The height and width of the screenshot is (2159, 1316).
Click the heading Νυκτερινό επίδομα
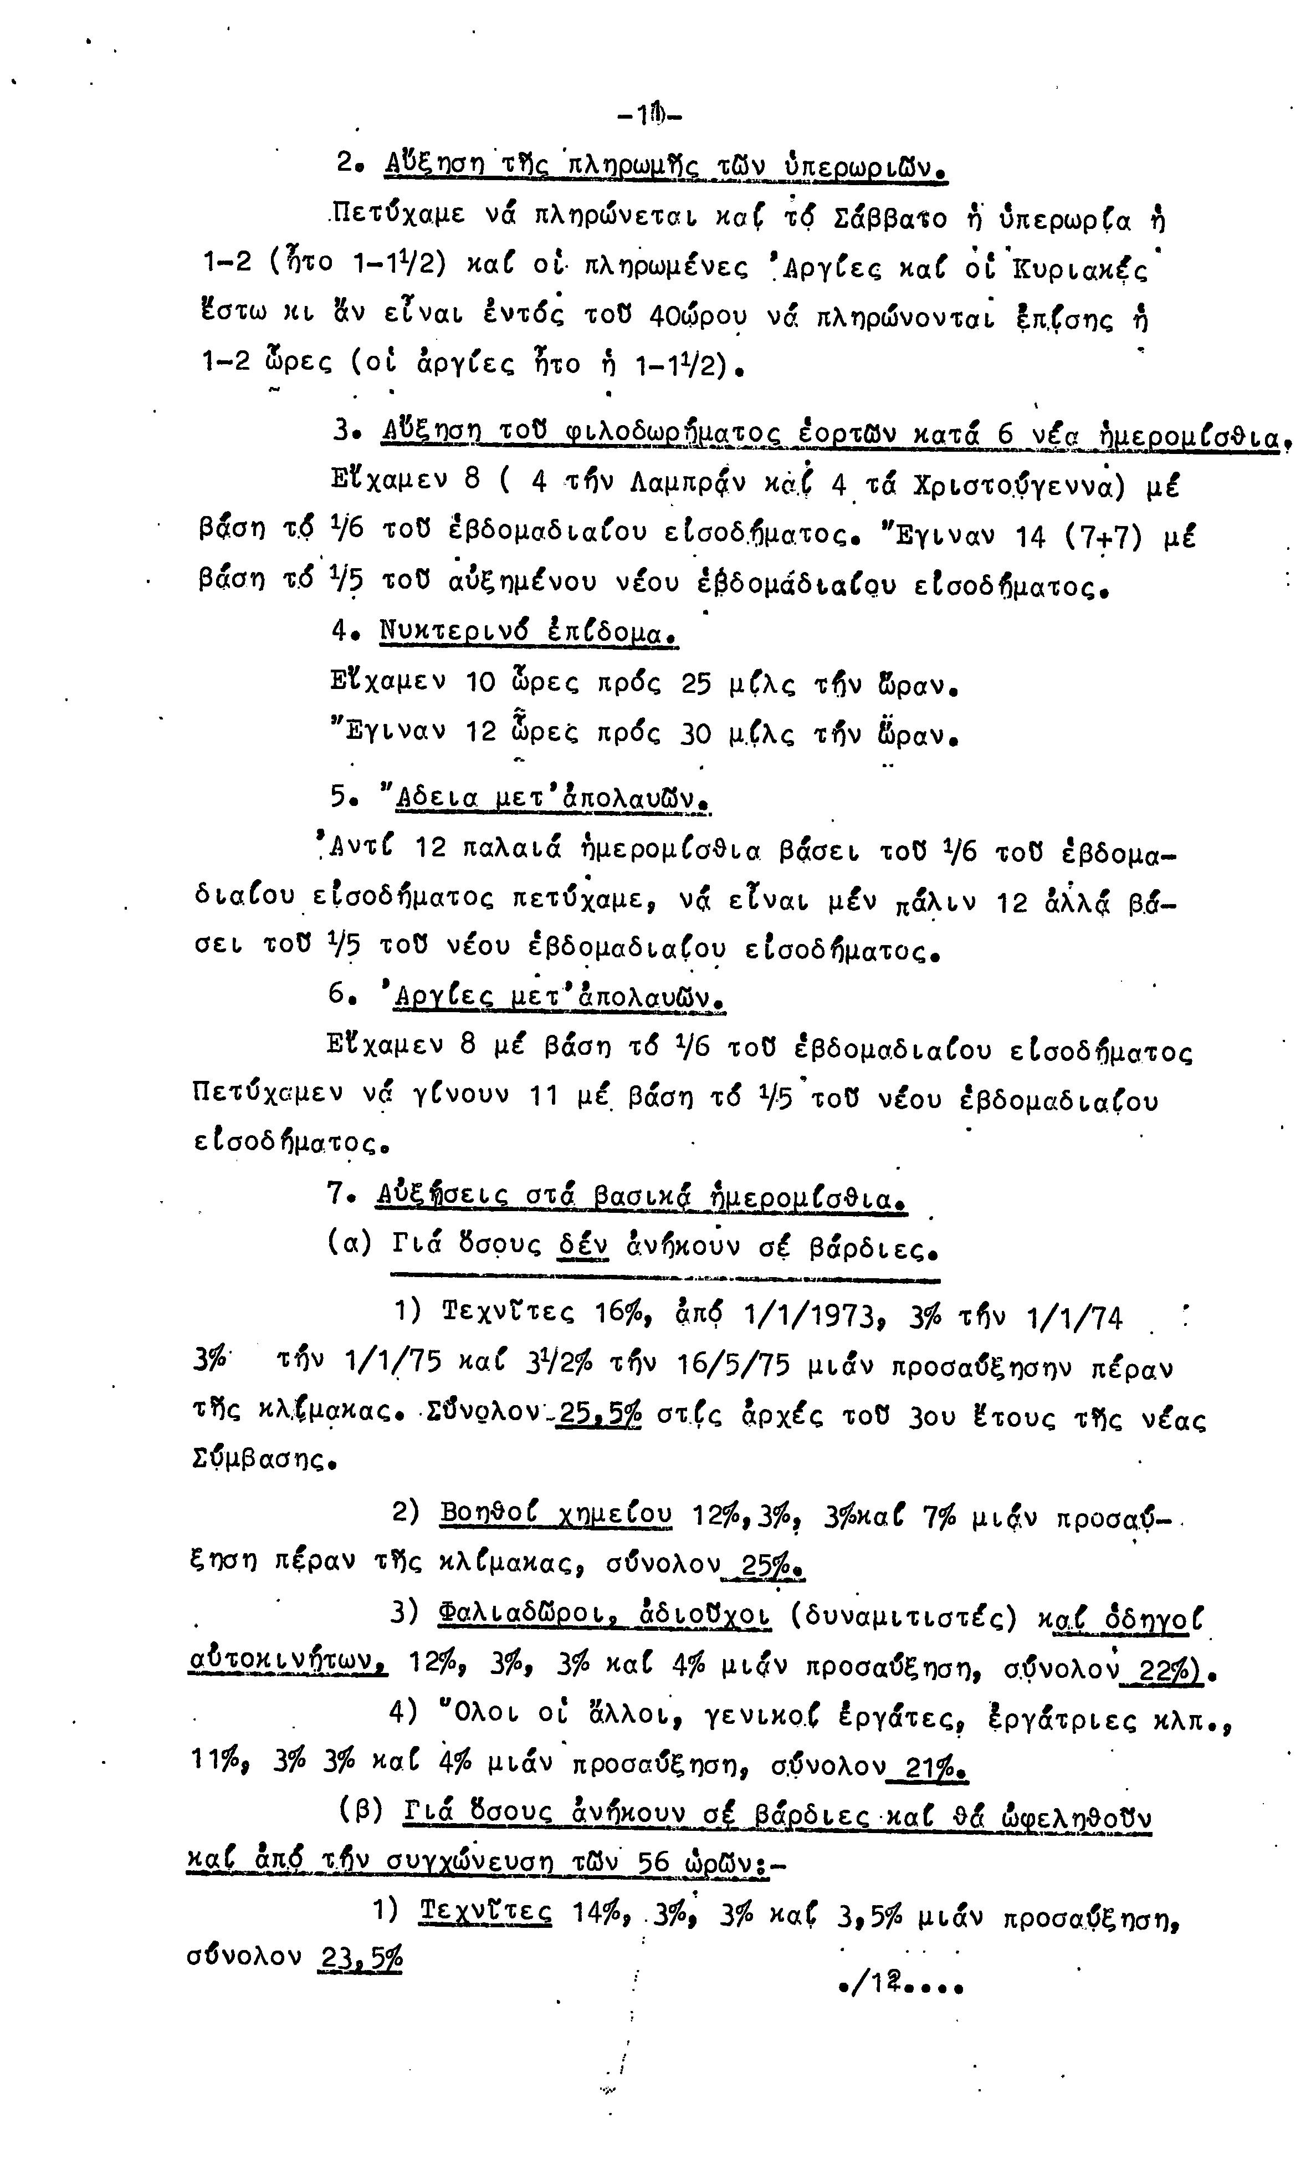529,631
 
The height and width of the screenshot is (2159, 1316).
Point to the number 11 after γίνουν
543,1096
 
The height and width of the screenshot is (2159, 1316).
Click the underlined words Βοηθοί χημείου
556,1513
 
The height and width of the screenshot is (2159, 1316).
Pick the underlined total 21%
931,1767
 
